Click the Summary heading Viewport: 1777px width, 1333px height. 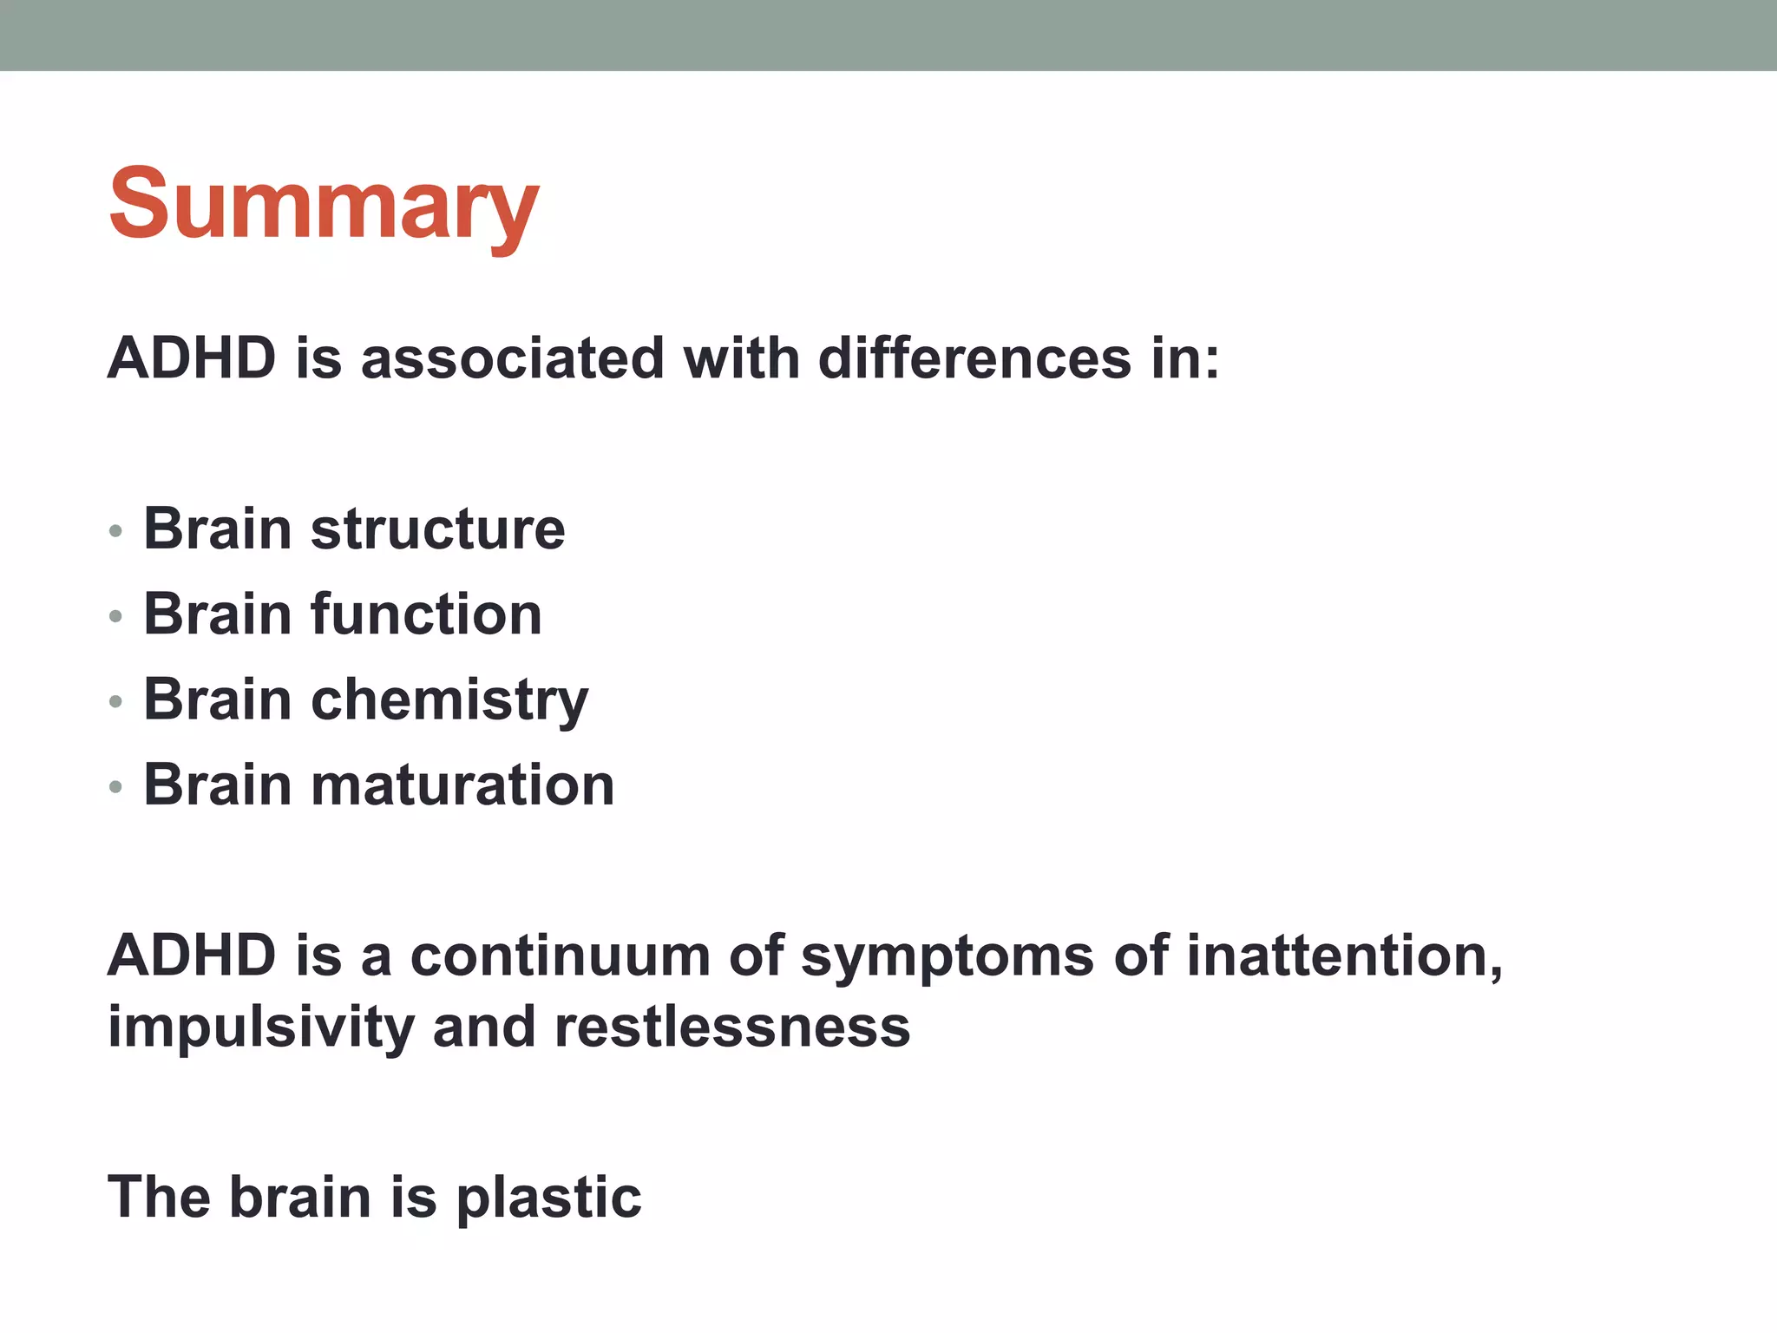[324, 206]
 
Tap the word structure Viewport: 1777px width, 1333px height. [437, 529]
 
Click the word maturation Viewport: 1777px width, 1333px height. [462, 785]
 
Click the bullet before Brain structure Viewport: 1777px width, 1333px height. [116, 531]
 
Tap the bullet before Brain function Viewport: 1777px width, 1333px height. [116, 617]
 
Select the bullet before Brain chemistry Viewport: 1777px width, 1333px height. [116, 702]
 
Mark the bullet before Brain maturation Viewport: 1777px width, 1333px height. [116, 787]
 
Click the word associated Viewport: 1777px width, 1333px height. [512, 358]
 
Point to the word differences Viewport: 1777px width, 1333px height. [974, 358]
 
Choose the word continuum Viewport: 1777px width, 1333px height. [559, 955]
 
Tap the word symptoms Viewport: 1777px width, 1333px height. [947, 957]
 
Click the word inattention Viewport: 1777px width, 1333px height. [1343, 955]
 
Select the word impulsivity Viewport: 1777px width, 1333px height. [261, 1028]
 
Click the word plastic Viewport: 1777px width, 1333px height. [548, 1198]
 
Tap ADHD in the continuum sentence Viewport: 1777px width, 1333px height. [192, 955]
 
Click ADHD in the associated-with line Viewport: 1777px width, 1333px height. [192, 358]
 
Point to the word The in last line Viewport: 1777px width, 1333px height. [159, 1197]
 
